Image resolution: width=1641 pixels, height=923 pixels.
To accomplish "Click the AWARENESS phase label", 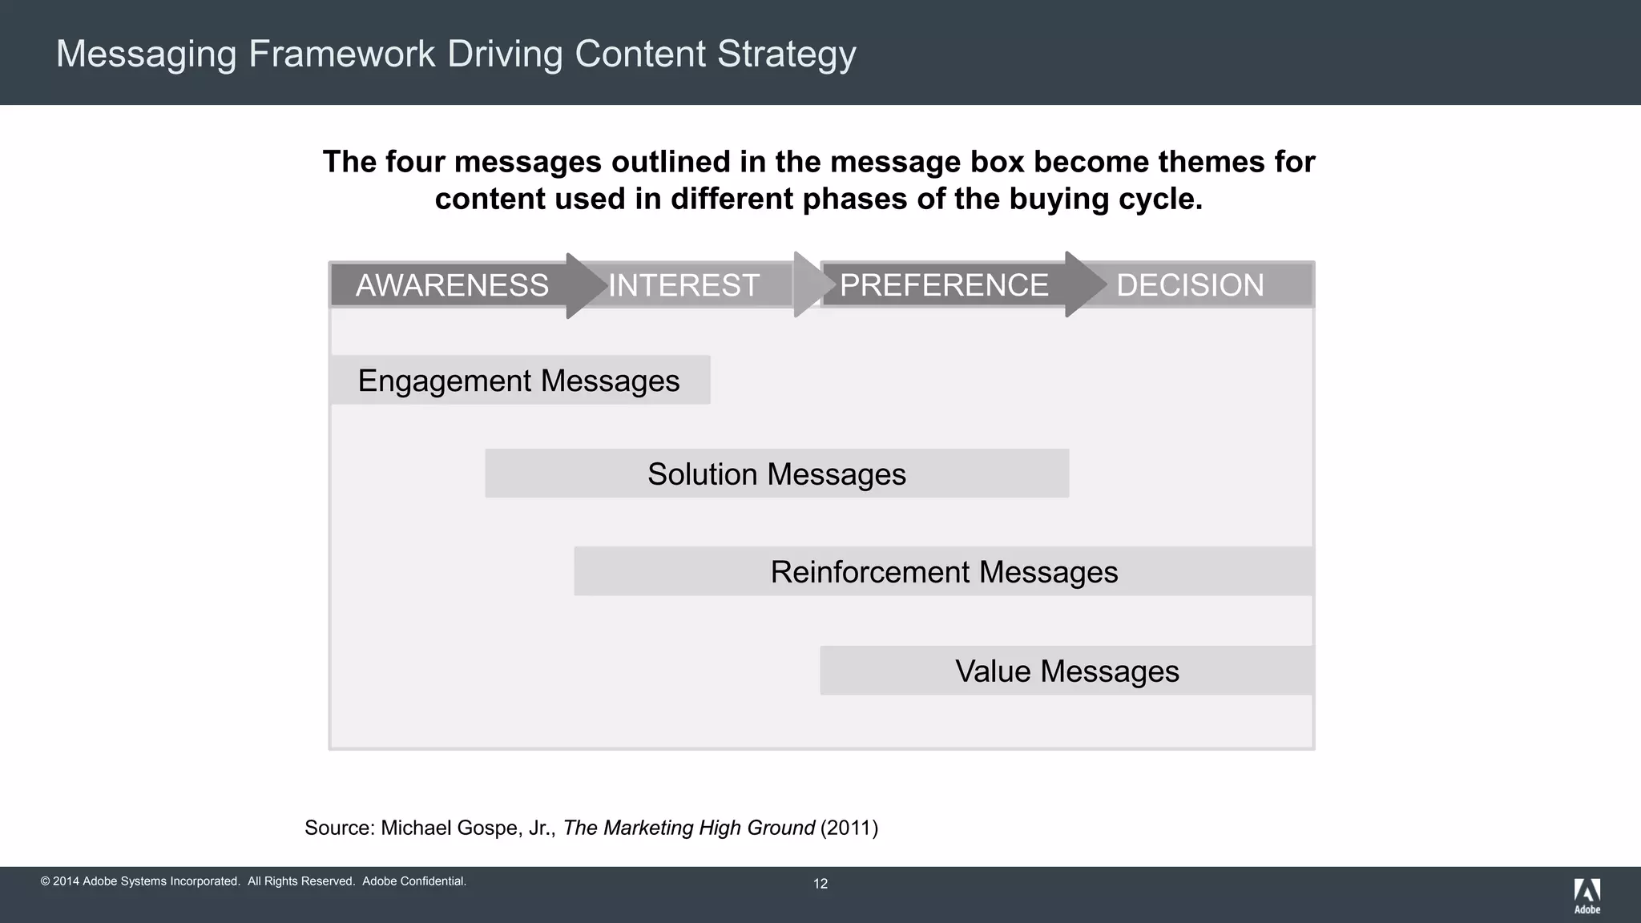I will (452, 285).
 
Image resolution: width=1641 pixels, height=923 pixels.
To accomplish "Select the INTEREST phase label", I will (683, 285).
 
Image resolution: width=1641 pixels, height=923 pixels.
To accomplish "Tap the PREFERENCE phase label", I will (944, 285).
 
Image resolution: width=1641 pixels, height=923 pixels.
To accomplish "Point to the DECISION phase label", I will (1190, 285).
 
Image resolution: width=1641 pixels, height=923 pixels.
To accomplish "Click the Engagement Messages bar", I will (519, 381).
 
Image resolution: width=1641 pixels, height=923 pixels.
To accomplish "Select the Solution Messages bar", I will (776, 474).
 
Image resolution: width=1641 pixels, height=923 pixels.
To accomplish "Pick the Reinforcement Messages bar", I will (943, 572).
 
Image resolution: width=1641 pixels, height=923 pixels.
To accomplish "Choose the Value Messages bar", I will (1066, 671).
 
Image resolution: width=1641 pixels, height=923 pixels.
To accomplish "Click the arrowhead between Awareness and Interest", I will (585, 285).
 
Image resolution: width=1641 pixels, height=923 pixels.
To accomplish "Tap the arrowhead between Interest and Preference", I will (808, 285).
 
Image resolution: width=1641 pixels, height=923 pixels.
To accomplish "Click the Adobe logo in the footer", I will (1587, 895).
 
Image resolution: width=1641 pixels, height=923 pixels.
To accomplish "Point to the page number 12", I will (820, 884).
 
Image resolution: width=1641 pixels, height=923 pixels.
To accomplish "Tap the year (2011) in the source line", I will (849, 828).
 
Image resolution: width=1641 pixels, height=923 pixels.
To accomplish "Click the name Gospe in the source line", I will (489, 828).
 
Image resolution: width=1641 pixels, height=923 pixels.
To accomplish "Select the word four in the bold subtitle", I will (415, 162).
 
